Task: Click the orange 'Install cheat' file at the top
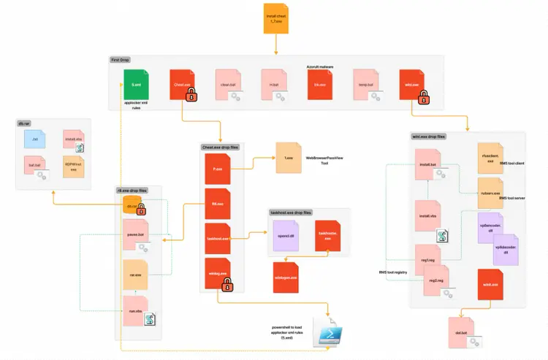coord(275,18)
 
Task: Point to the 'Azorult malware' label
coord(319,66)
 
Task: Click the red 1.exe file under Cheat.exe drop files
coord(217,169)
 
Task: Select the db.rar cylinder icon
coord(132,207)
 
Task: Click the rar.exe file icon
coord(135,275)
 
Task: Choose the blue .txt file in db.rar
coord(35,138)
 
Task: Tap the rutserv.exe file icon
coord(490,192)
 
